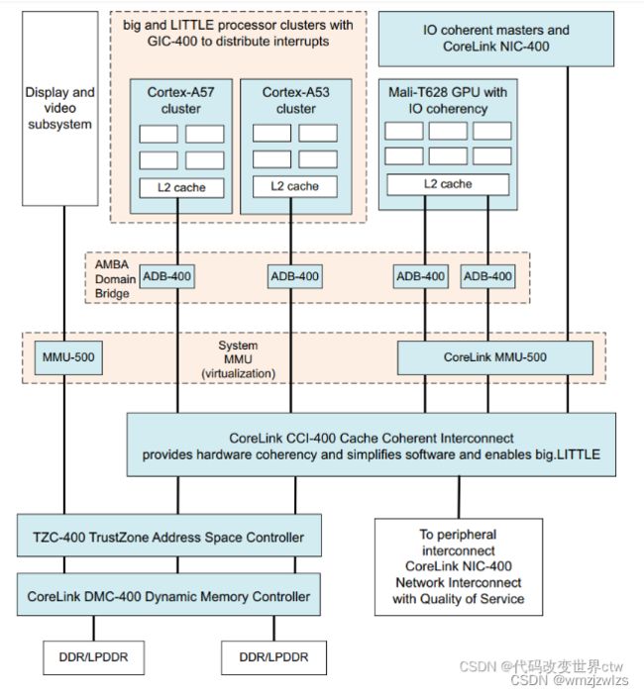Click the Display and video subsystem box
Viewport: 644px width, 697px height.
(60, 109)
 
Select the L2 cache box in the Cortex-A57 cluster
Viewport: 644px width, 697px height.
(181, 187)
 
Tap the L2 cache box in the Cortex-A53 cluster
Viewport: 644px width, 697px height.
(295, 186)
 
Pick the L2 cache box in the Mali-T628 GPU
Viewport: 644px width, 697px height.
(448, 184)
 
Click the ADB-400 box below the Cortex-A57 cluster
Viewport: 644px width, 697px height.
(166, 276)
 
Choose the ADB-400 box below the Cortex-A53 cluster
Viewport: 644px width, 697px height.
(295, 276)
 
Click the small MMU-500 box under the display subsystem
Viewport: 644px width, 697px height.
(68, 357)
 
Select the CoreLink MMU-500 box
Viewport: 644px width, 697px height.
(495, 357)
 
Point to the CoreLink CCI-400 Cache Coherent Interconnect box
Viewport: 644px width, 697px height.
(372, 445)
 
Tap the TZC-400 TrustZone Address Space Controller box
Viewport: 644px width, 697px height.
(169, 536)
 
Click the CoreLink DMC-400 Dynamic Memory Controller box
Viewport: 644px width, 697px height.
(168, 595)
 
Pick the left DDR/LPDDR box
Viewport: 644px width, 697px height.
(93, 657)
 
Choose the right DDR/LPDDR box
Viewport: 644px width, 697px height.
(274, 657)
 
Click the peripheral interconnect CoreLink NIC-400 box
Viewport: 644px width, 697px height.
(459, 566)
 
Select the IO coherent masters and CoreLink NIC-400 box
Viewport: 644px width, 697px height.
(496, 39)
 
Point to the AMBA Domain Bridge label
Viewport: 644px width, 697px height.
(115, 279)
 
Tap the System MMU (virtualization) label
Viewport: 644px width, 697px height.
(239, 359)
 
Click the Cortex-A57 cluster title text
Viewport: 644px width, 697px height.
(181, 100)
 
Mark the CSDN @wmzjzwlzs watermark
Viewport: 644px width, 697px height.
(570, 680)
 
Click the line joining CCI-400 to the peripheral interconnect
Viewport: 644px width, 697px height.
(459, 497)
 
